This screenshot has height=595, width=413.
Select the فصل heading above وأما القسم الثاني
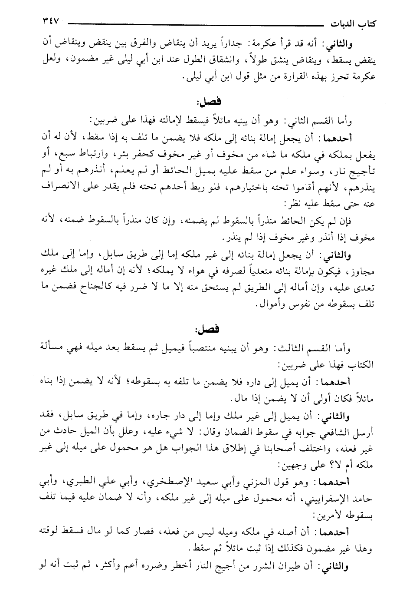(x=209, y=102)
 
